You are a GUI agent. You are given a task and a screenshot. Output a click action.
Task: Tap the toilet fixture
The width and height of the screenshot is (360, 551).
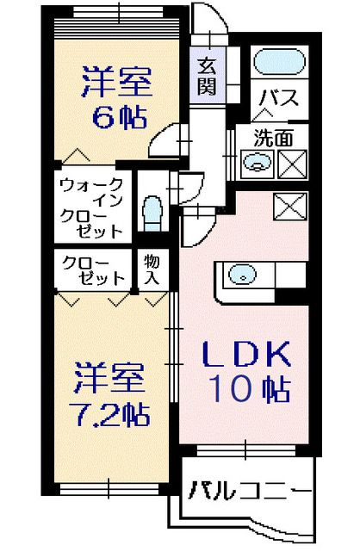tap(152, 211)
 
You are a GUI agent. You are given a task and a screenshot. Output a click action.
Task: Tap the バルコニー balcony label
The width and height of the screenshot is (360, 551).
tap(245, 492)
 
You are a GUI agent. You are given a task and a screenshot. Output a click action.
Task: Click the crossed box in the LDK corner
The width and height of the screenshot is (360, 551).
tap(287, 207)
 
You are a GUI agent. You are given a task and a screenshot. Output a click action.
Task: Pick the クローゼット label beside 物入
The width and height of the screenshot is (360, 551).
tap(91, 269)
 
